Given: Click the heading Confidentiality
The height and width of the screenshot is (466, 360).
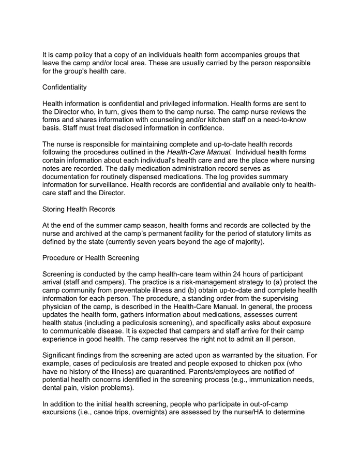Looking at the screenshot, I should (64, 88).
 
